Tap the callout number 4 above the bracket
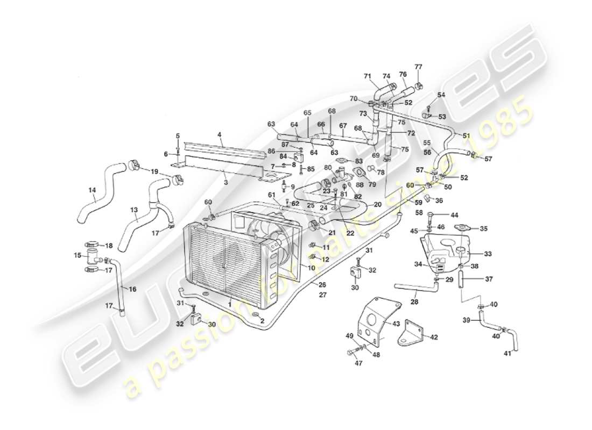click(x=220, y=134)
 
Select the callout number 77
click(x=418, y=67)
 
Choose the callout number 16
click(x=132, y=289)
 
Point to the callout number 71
click(x=368, y=76)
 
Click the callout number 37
click(x=489, y=279)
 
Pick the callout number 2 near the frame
click(x=262, y=321)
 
